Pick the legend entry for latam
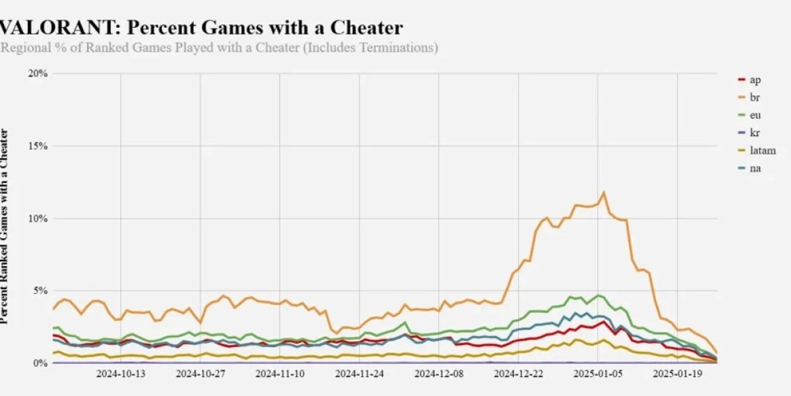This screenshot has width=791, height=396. pos(762,150)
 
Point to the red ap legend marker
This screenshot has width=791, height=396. pos(741,80)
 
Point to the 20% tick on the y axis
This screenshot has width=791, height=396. pos(38,73)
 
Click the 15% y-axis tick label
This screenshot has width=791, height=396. pos(38,146)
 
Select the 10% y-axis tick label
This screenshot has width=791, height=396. pos(38,218)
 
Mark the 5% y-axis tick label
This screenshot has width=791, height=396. pos(40,291)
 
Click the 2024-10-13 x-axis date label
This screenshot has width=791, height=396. pos(121,374)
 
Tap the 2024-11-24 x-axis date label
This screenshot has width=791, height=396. pos(359,374)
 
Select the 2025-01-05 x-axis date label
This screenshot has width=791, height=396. pos(598,374)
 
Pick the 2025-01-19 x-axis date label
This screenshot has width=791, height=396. pos(678,374)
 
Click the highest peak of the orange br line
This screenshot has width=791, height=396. pos(604,193)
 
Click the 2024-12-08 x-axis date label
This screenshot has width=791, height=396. pos(439,374)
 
